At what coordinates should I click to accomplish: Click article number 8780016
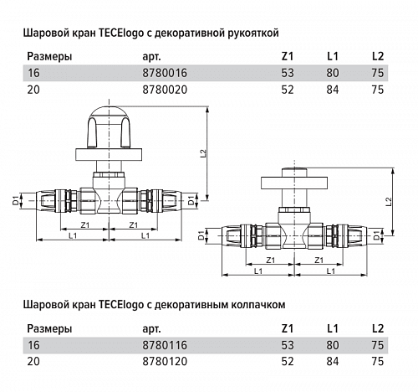[x=161, y=74]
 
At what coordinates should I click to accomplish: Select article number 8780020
[x=161, y=89]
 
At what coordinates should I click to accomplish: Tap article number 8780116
[x=161, y=344]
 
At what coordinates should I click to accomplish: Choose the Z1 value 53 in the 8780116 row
[x=288, y=344]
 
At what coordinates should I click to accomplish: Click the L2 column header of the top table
[x=377, y=57]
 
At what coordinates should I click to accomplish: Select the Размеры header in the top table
[x=49, y=57]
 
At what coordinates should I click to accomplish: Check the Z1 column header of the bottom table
[x=288, y=328]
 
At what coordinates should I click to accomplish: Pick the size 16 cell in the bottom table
[x=33, y=344]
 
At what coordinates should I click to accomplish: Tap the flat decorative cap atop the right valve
[x=295, y=183]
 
